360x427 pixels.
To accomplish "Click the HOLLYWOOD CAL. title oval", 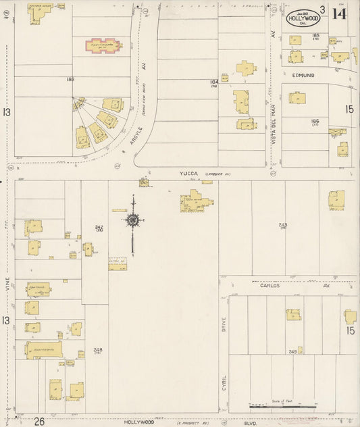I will tap(302, 16).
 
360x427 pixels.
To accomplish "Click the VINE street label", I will tap(8, 289).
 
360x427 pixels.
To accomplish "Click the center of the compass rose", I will tap(133, 220).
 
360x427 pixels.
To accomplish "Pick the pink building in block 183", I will tap(103, 47).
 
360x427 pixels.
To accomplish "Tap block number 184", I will tap(213, 82).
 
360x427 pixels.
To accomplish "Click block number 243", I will tap(282, 225).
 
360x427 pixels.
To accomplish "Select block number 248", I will tap(98, 349).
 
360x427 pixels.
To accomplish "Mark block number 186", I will tap(315, 121).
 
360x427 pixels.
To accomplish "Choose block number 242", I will tap(99, 227).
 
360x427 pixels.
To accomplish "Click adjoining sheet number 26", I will tap(40, 421).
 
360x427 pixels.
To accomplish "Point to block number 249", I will tap(292, 351).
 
